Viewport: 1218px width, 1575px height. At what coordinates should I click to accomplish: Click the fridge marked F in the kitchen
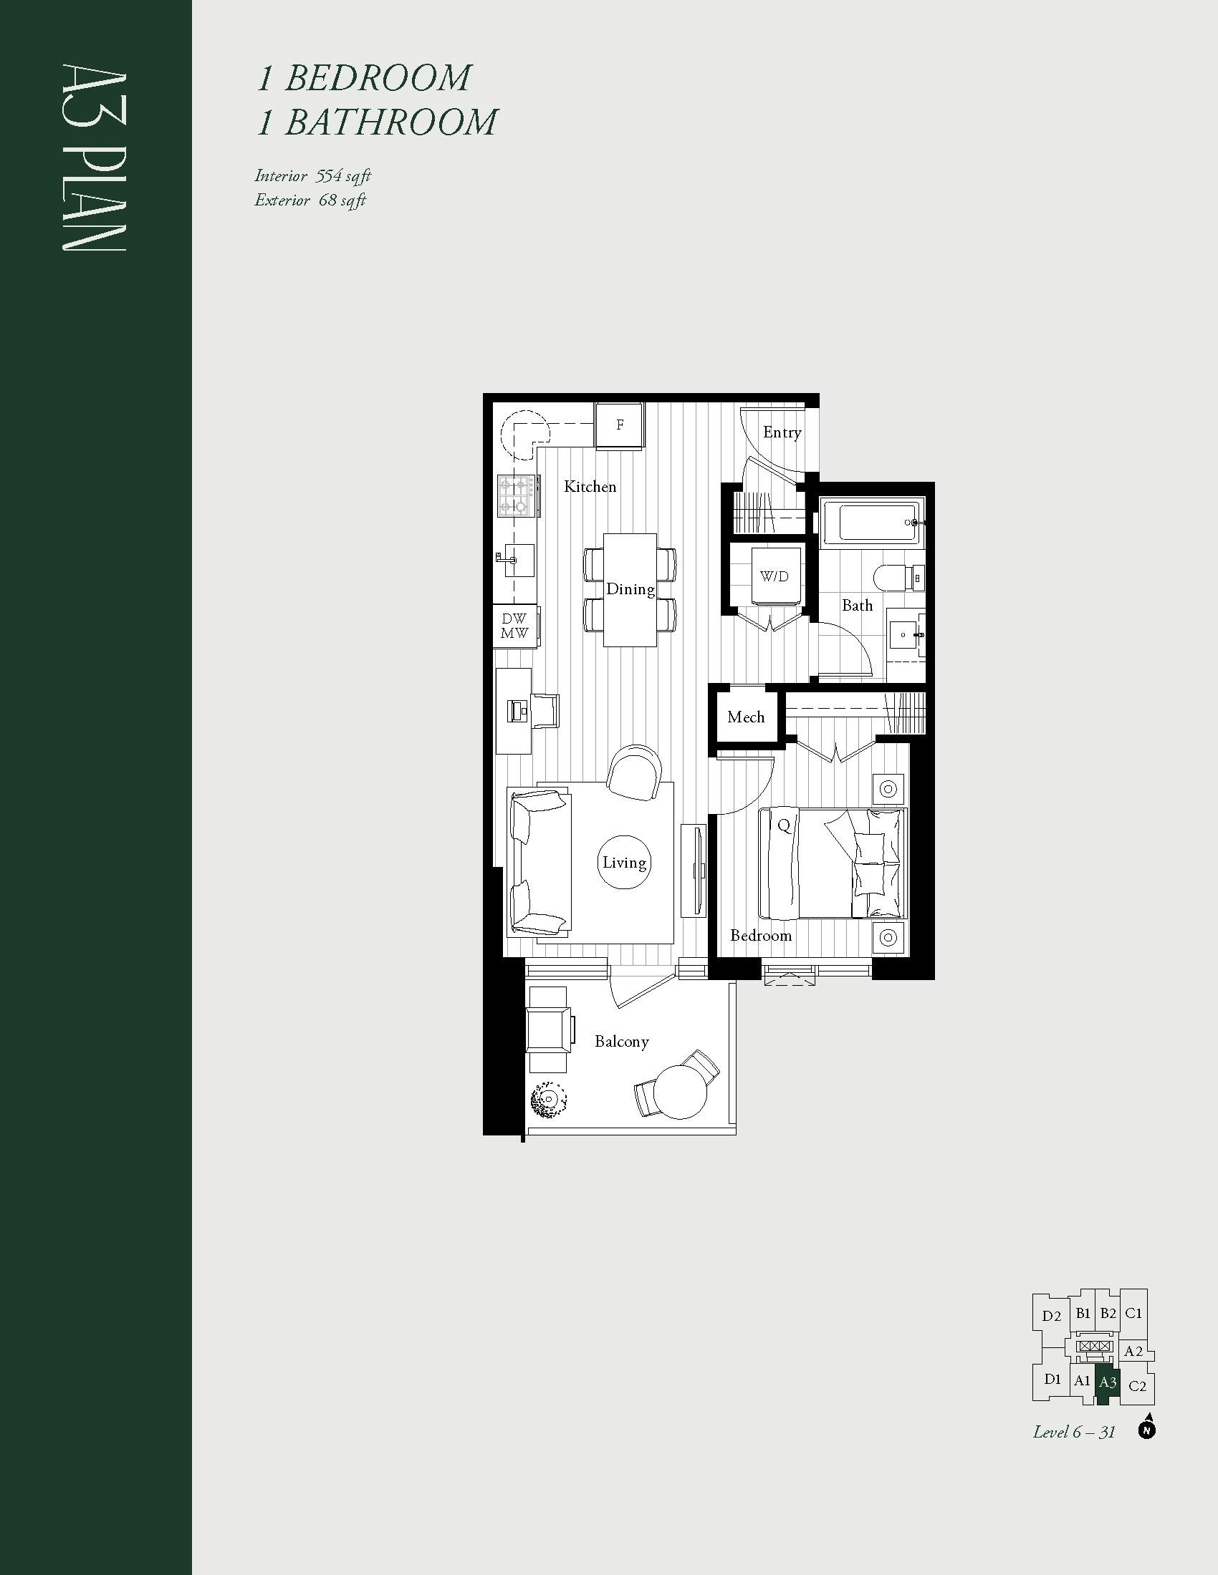620,425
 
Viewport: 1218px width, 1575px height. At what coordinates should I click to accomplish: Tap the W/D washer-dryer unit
775,576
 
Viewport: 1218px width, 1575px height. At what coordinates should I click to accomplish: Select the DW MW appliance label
514,626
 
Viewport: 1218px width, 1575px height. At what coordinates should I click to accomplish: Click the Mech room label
746,717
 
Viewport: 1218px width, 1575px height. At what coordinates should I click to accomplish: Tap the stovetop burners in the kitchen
516,495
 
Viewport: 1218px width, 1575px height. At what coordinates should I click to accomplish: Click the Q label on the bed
784,825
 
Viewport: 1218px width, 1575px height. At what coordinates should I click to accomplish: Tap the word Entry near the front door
782,432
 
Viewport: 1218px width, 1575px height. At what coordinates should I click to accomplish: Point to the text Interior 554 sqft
312,176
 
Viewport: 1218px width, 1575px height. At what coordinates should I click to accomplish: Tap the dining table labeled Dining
630,590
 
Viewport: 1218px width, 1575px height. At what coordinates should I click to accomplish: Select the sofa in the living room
540,863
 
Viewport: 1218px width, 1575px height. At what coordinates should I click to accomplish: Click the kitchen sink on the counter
518,560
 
